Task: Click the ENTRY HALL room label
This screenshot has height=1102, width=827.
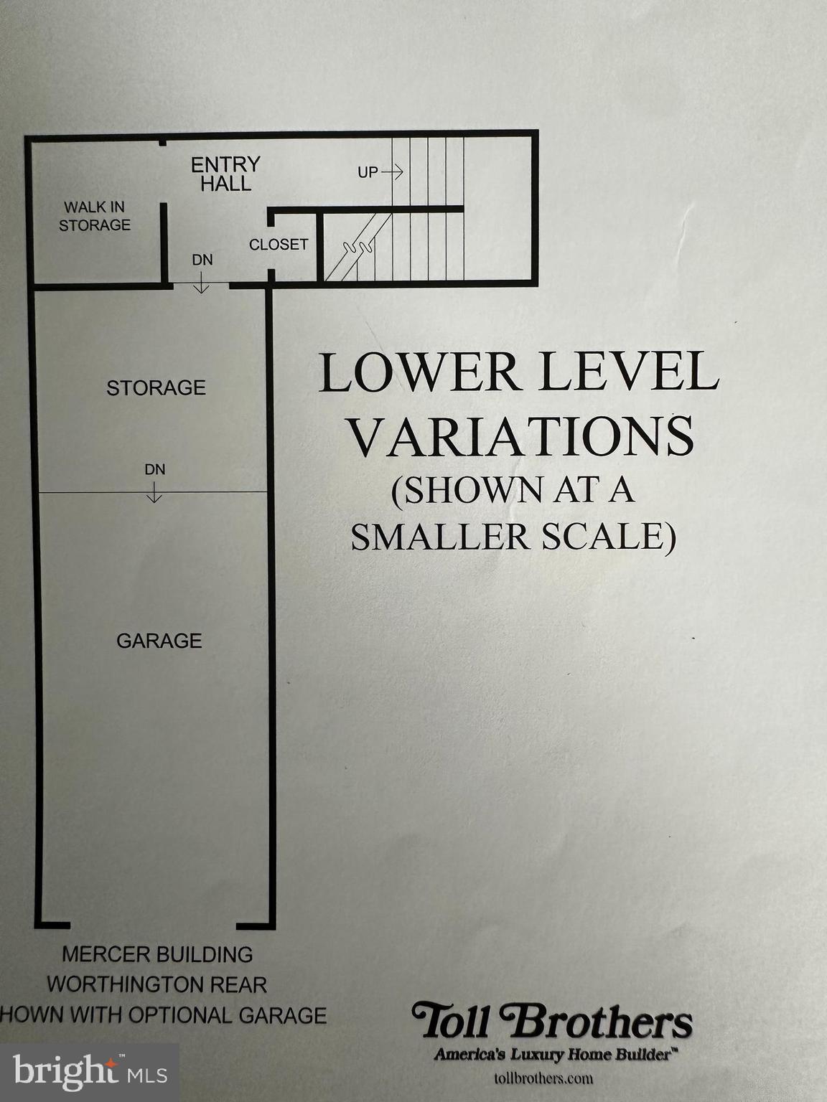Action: click(x=225, y=174)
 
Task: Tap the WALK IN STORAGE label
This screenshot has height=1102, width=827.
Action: click(x=95, y=216)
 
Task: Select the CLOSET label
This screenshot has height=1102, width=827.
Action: click(x=279, y=245)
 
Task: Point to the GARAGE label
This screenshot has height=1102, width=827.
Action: click(x=159, y=641)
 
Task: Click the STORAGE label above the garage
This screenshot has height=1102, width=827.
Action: click(x=156, y=388)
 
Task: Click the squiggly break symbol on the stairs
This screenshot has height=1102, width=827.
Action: click(x=358, y=248)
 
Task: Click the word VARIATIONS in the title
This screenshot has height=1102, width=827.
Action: click(x=521, y=436)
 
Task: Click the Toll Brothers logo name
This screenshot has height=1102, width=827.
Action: click(x=551, y=1022)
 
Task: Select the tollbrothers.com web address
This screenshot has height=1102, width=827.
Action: click(x=543, y=1078)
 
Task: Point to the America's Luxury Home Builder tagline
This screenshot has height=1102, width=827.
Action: click(x=556, y=1054)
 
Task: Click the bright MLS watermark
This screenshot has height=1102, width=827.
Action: click(x=90, y=1073)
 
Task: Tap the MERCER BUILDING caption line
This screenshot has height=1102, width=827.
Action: click(x=157, y=955)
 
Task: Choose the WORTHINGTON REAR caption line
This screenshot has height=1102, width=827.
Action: click(x=157, y=984)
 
